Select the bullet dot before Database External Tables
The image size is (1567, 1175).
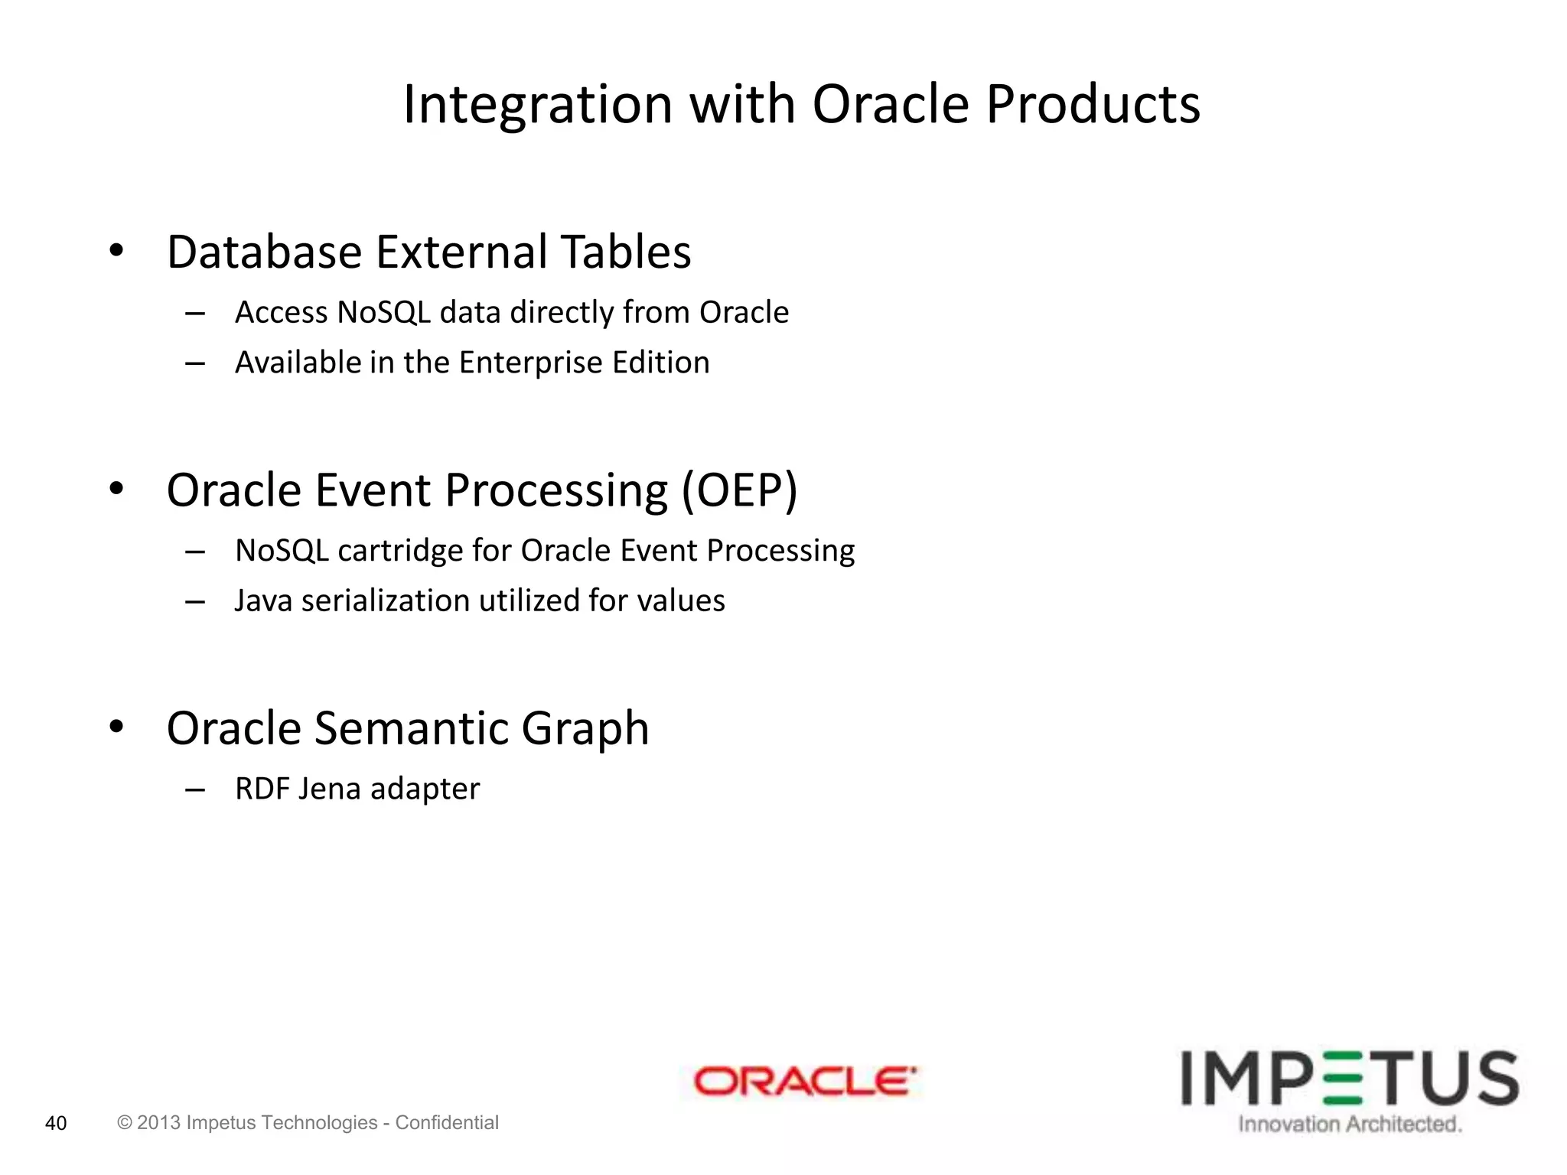point(116,250)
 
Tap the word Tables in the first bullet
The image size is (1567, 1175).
point(625,252)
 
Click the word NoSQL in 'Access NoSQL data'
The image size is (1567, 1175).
point(383,312)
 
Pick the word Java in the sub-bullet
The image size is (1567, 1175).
point(263,601)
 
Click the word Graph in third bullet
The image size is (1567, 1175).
point(585,729)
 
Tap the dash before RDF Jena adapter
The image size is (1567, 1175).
point(195,789)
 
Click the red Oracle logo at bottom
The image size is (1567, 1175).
point(803,1081)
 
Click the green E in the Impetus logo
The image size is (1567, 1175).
point(1345,1079)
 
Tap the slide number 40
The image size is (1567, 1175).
point(56,1123)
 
